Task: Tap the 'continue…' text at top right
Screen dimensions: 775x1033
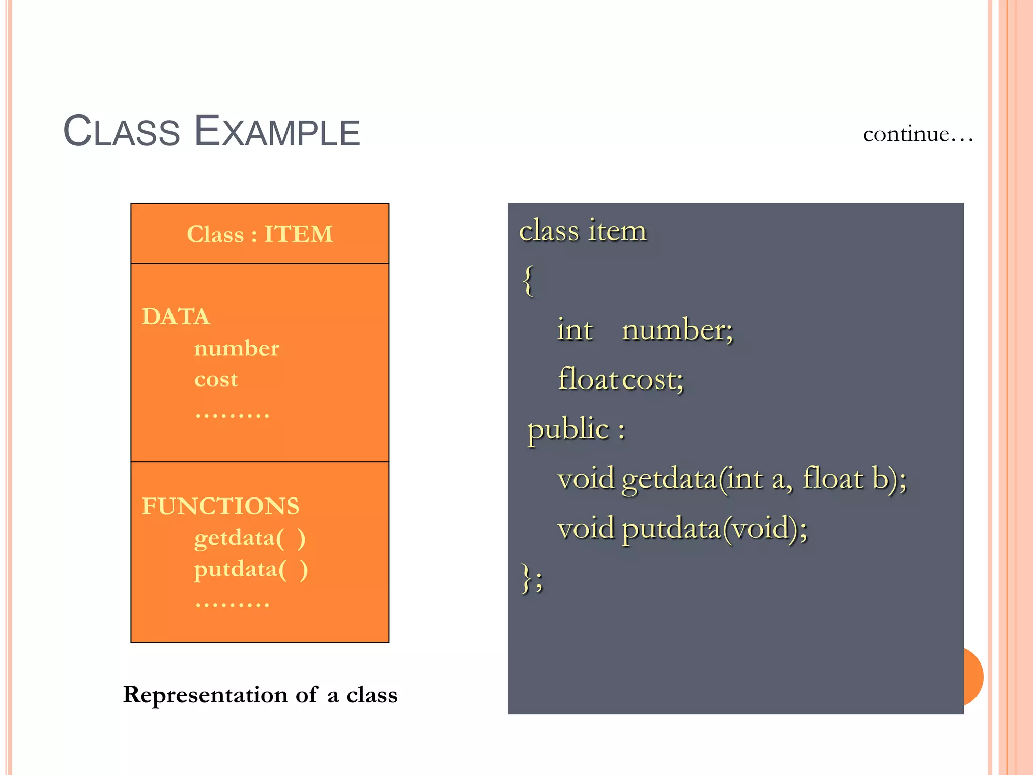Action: (917, 134)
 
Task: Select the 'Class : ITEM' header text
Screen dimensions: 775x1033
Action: (260, 234)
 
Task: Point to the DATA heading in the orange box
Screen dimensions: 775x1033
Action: (176, 317)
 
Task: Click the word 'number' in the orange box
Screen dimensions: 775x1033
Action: (237, 348)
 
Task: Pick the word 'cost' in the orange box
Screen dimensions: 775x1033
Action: (216, 379)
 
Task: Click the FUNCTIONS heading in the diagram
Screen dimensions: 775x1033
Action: (220, 506)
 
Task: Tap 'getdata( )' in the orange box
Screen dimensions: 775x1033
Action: (250, 538)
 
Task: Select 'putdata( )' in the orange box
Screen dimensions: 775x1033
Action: (251, 570)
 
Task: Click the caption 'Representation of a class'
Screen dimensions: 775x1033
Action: (260, 695)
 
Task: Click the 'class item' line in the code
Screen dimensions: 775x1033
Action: (583, 231)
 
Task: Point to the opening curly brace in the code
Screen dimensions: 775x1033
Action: (528, 281)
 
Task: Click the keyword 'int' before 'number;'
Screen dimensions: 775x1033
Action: (575, 330)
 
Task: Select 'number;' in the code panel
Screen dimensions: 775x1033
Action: (677, 330)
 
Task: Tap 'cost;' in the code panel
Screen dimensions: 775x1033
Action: (653, 379)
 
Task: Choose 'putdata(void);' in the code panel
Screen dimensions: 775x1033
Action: (714, 529)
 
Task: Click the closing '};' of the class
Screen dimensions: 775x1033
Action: (532, 578)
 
